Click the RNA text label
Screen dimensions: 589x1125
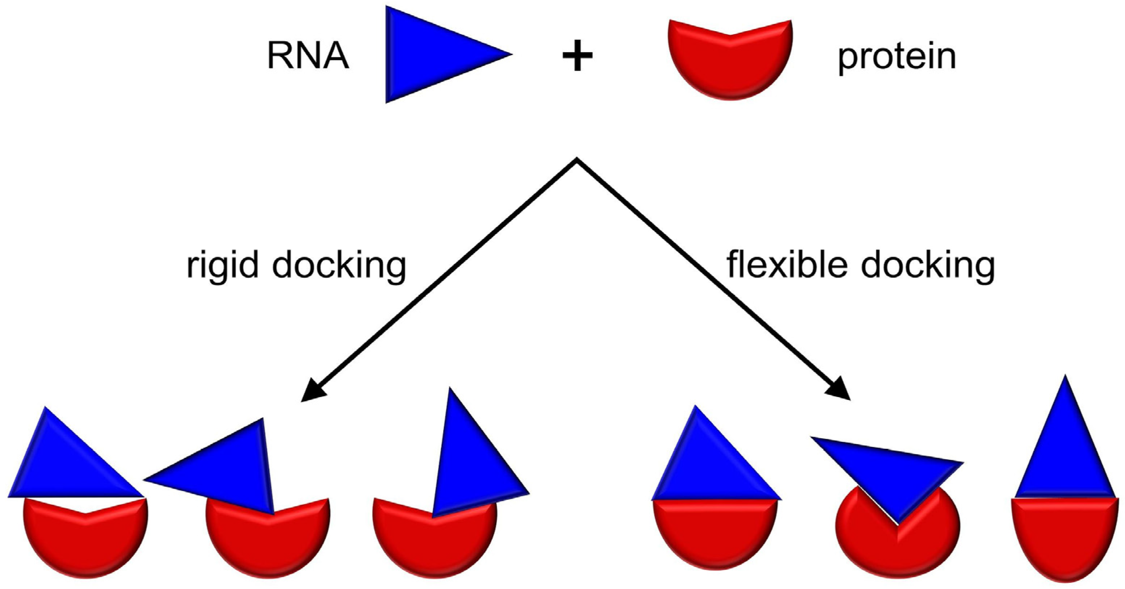pyautogui.click(x=308, y=57)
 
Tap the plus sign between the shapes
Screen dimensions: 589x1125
pyautogui.click(x=577, y=58)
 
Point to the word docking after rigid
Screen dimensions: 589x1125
pyautogui.click(x=339, y=266)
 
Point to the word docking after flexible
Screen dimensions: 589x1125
pyautogui.click(x=928, y=266)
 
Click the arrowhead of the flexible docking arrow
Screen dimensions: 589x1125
pyautogui.click(x=838, y=390)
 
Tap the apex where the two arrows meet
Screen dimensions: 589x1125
pyautogui.click(x=577, y=160)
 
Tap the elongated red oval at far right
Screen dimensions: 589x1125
pyautogui.click(x=1066, y=541)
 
